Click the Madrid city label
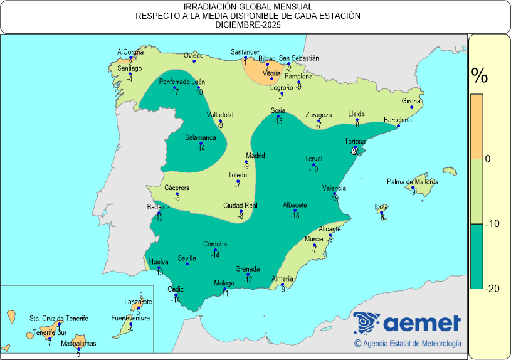[255, 156]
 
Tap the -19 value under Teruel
[313, 169]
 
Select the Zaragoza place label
[319, 115]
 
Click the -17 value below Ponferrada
[175, 93]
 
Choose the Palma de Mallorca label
[412, 182]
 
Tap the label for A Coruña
[130, 51]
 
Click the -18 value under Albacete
[295, 216]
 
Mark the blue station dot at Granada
[248, 275]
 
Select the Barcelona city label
[398, 120]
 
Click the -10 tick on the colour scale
[492, 224]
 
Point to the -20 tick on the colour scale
[492, 289]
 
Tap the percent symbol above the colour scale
[480, 77]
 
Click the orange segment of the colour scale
[477, 125]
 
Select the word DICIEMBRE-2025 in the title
[248, 26]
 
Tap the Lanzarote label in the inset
[138, 302]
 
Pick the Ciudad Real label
[241, 206]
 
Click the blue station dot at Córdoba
[215, 250]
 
